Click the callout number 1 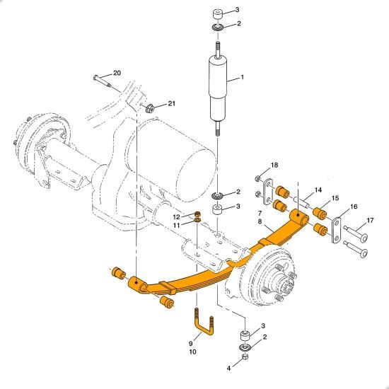[x=242, y=77]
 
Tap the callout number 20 [x=117, y=73]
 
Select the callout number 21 [x=171, y=103]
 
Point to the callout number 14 [x=318, y=190]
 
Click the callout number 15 [x=335, y=198]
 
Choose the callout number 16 [x=353, y=207]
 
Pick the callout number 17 [x=370, y=220]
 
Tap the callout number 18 [x=274, y=165]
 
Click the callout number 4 [x=228, y=368]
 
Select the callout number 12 [x=176, y=217]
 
